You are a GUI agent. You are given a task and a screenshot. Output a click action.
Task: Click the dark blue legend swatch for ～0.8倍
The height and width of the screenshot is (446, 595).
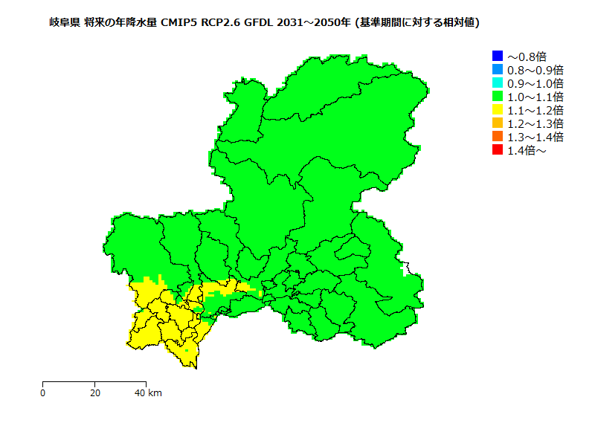click(498, 56)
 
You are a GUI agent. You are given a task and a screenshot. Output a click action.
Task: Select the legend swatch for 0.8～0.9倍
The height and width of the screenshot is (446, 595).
click(498, 69)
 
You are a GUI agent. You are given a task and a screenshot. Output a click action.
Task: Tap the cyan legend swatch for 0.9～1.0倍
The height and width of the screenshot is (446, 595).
click(498, 83)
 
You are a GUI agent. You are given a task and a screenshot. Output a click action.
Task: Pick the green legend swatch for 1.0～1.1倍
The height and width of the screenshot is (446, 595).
click(498, 96)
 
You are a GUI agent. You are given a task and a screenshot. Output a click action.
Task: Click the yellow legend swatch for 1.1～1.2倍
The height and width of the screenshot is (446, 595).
click(498, 109)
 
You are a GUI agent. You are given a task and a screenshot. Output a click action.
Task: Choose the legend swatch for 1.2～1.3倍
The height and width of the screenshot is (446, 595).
click(498, 123)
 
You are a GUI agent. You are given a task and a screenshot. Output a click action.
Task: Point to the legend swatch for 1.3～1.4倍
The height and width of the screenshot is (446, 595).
click(498, 136)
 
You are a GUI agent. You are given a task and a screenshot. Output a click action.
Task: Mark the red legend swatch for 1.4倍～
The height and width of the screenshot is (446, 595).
click(498, 149)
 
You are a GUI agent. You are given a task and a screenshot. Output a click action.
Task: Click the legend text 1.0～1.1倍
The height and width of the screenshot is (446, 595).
click(535, 97)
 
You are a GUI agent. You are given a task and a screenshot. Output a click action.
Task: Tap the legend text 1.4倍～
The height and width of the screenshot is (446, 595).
click(527, 150)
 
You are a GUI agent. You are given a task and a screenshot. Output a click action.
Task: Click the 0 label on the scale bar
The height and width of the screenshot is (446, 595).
click(43, 392)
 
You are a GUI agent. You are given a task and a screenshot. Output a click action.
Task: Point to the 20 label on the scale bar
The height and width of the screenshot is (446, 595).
click(95, 392)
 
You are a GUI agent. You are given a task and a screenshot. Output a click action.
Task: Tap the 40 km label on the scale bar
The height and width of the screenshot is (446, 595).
click(147, 392)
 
